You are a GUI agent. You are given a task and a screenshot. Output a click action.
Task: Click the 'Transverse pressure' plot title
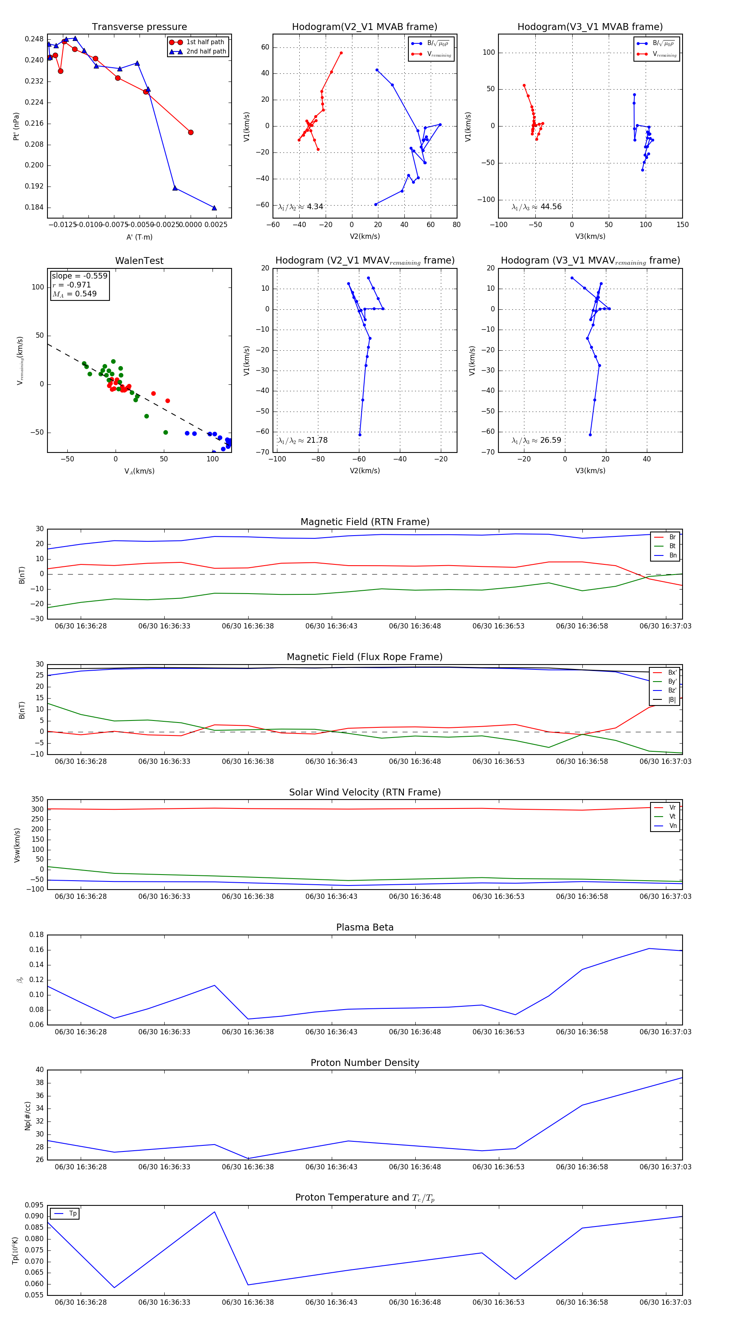(x=139, y=27)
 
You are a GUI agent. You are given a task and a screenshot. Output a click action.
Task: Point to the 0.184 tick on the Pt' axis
(x=34, y=208)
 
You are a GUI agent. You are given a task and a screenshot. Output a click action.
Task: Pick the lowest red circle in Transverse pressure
(x=191, y=133)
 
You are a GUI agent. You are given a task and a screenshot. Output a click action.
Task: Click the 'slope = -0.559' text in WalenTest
(x=79, y=276)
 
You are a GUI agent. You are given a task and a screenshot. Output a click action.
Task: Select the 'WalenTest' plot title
(x=139, y=261)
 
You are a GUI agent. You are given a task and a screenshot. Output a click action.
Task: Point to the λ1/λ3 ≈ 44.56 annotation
(x=536, y=207)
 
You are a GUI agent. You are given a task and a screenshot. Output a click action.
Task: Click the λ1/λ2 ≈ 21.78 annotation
(x=303, y=440)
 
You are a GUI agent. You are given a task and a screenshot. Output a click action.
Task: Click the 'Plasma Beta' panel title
(x=365, y=927)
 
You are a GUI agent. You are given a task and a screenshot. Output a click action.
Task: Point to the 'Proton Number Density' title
(x=365, y=1063)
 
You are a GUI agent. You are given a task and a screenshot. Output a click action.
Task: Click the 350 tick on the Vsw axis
(x=37, y=800)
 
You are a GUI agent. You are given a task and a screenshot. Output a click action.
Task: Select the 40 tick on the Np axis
(x=39, y=1070)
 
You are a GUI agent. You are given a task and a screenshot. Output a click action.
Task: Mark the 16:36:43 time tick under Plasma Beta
(x=331, y=1031)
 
